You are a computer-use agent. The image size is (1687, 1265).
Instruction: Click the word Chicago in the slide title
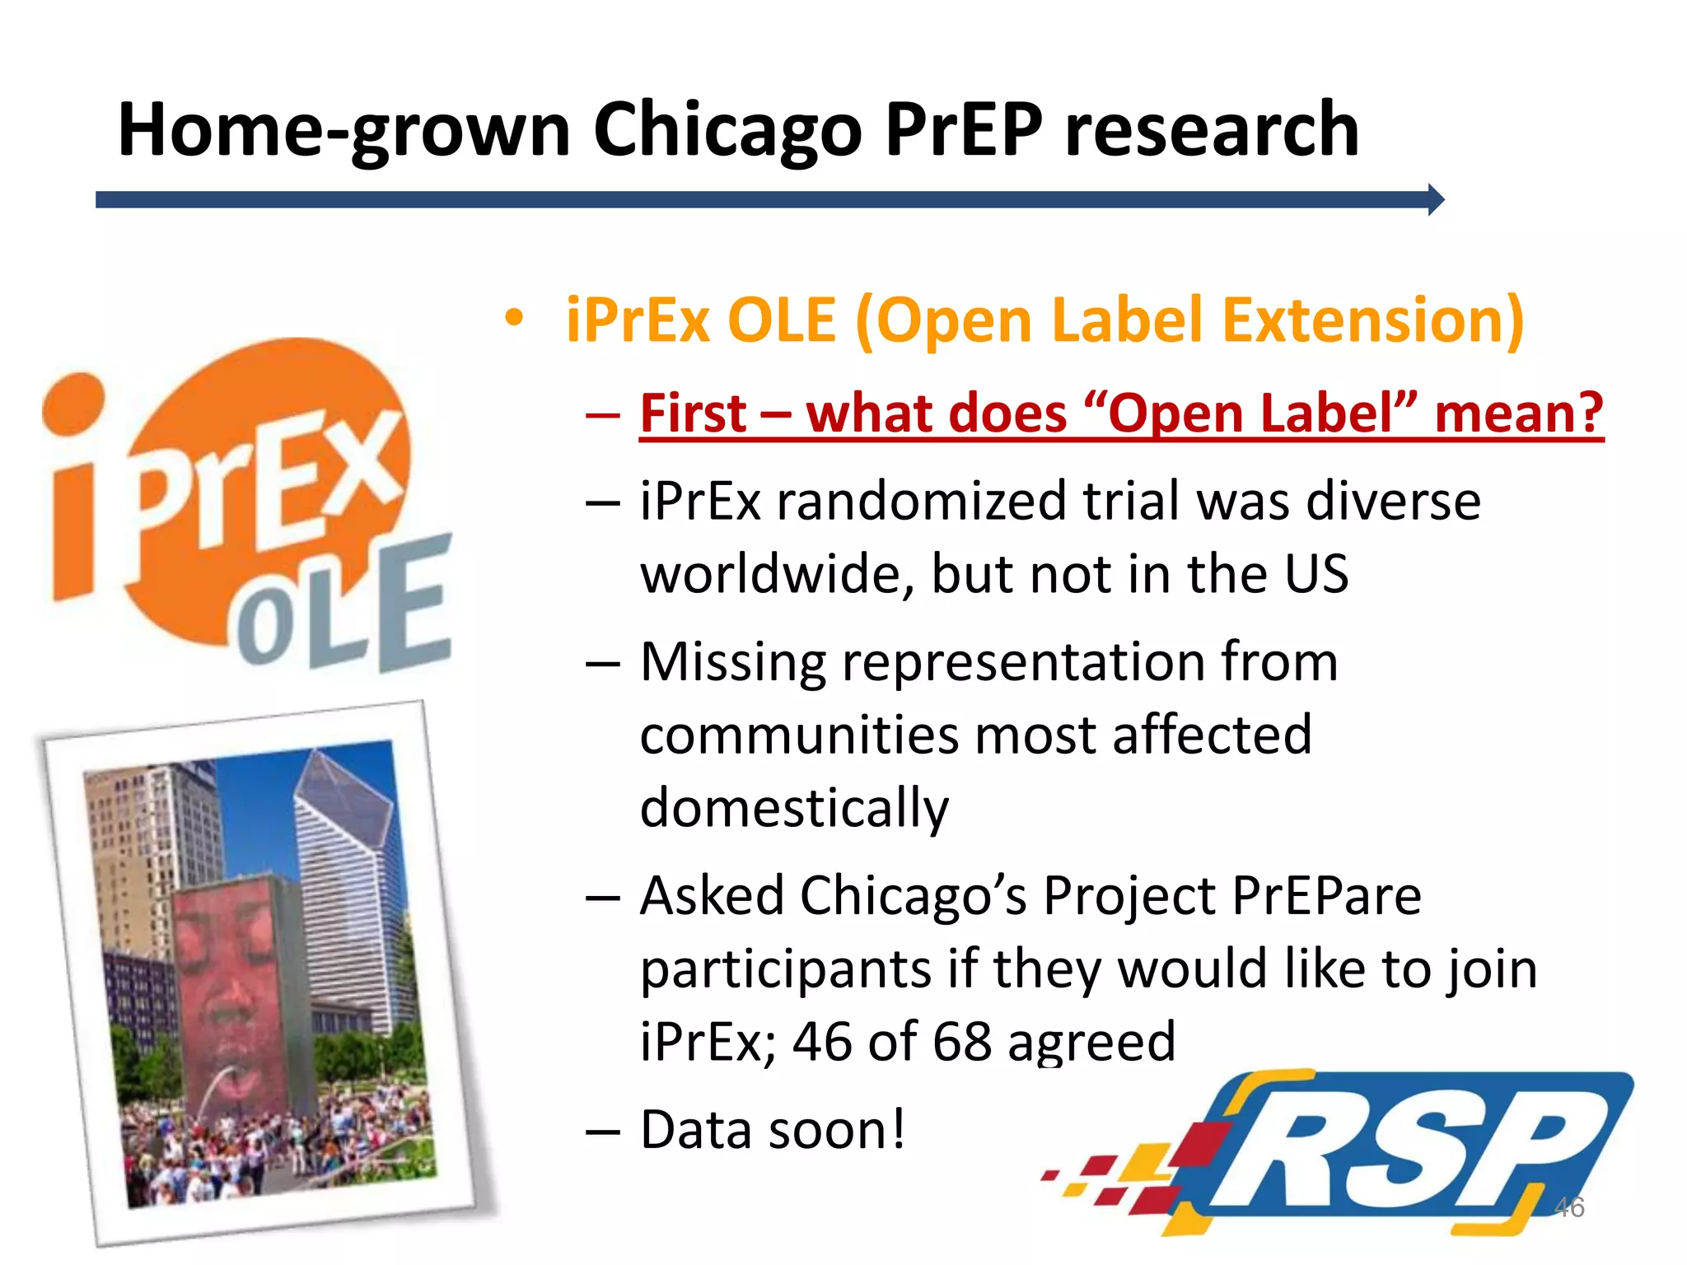tap(728, 130)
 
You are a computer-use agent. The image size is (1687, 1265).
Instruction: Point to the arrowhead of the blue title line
tap(1435, 200)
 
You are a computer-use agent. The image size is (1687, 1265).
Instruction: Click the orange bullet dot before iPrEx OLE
tap(514, 319)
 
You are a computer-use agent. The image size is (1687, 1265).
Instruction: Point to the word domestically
tap(794, 808)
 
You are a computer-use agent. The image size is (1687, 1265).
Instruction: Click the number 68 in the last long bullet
tap(961, 1042)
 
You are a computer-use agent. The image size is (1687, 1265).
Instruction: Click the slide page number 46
tap(1568, 1207)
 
